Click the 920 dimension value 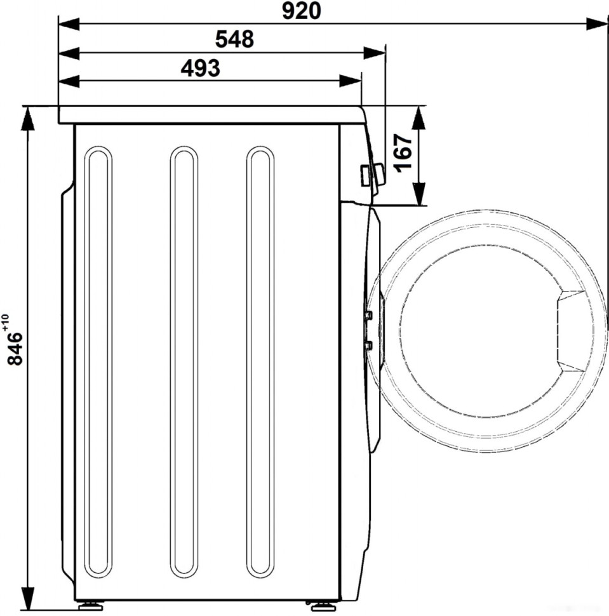[302, 11]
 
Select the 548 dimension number [234, 39]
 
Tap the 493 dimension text [201, 68]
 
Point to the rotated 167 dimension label [403, 153]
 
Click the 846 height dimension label [16, 349]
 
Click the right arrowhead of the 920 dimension [597, 23]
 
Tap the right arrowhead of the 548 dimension [374, 53]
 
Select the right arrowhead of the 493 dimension [351, 81]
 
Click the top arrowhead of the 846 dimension [27, 118]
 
